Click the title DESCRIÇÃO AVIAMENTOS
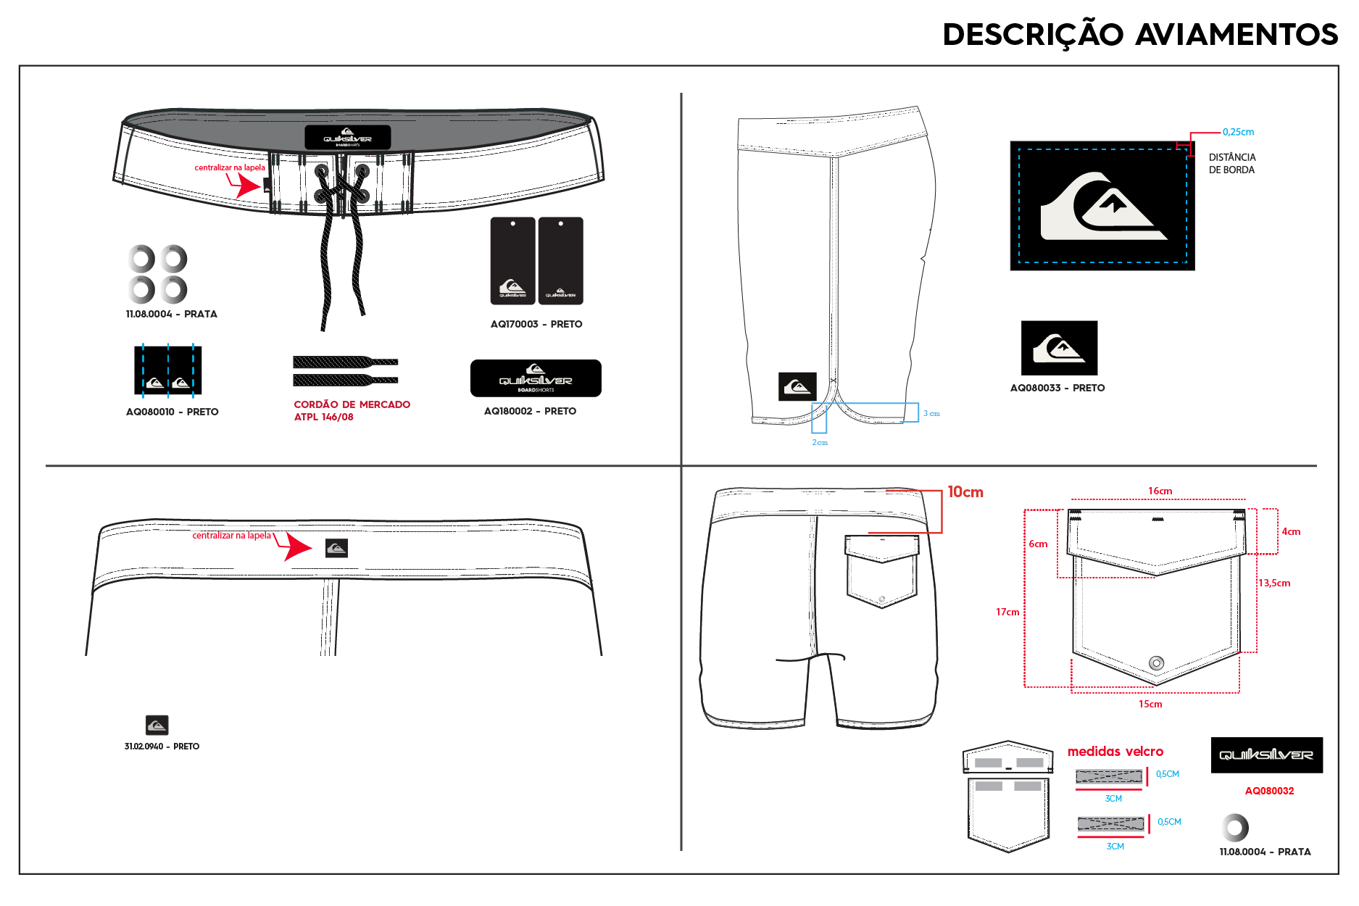pyautogui.click(x=1140, y=35)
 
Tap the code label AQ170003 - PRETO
pyautogui.click(x=536, y=324)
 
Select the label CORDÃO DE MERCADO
pyautogui.click(x=352, y=404)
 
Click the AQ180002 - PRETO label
pyautogui.click(x=531, y=411)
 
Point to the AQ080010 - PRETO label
pyautogui.click(x=173, y=412)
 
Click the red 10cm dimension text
pyautogui.click(x=965, y=492)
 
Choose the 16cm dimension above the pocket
pyautogui.click(x=1160, y=491)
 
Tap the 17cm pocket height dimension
pyautogui.click(x=1007, y=612)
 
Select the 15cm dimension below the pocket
pyautogui.click(x=1150, y=704)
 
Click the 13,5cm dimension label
pyautogui.click(x=1274, y=583)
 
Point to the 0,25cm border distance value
pyautogui.click(x=1238, y=132)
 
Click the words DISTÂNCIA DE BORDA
pyautogui.click(x=1232, y=164)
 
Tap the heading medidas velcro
pyautogui.click(x=1115, y=752)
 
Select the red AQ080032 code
pyautogui.click(x=1269, y=791)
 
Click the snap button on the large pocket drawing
pyautogui.click(x=1157, y=662)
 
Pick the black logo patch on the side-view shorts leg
pyautogui.click(x=797, y=387)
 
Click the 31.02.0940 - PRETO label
pyautogui.click(x=162, y=747)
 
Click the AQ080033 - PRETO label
pyautogui.click(x=1057, y=388)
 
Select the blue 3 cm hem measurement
pyautogui.click(x=931, y=413)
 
